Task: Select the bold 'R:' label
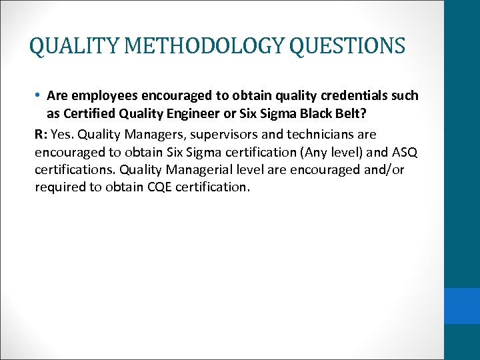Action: (x=42, y=134)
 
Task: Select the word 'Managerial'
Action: (x=203, y=169)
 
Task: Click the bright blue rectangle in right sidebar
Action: (x=462, y=305)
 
